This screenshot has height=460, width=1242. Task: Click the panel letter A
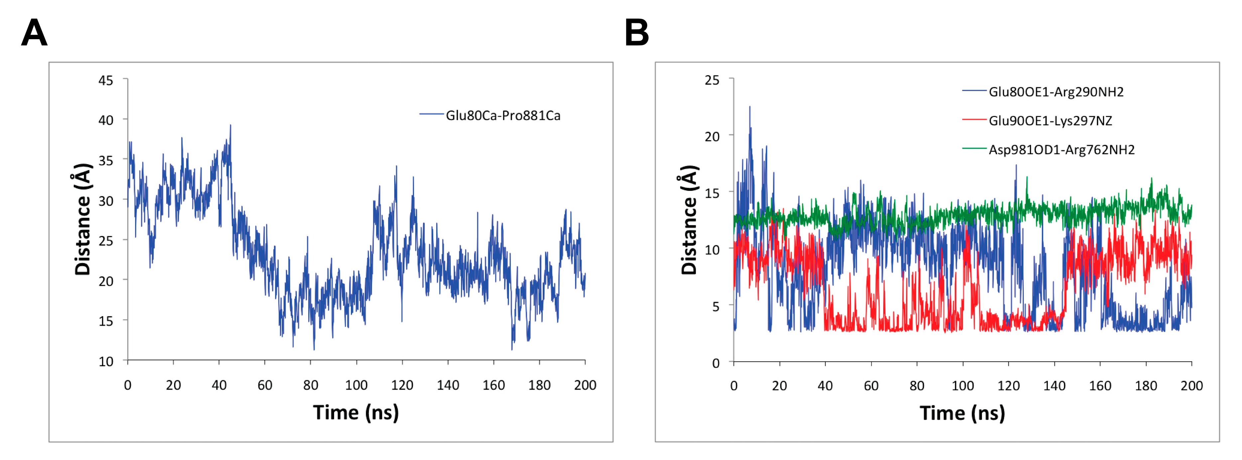click(x=34, y=33)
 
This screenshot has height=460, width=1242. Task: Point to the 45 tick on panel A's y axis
click(x=106, y=80)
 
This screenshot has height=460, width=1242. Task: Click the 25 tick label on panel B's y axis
click(x=712, y=80)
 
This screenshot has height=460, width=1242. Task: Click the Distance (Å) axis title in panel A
click(x=82, y=219)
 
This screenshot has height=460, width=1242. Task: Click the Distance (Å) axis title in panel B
click(x=689, y=220)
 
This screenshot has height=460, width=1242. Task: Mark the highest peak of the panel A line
click(x=230, y=125)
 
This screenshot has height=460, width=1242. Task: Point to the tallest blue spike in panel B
click(x=749, y=107)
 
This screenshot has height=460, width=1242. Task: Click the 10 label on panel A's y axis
click(x=106, y=362)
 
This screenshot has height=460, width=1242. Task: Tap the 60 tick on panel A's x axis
click(x=265, y=385)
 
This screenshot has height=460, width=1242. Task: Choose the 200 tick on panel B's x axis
click(x=1191, y=386)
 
